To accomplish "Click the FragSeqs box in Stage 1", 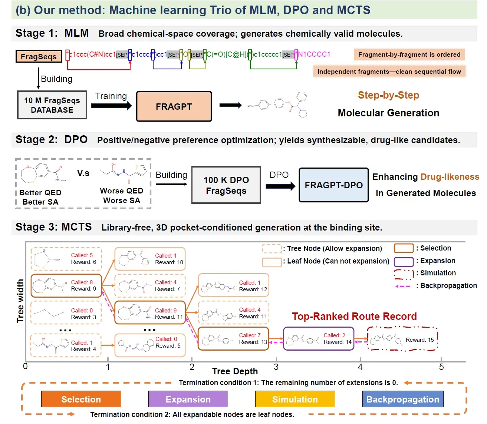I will (x=39, y=56).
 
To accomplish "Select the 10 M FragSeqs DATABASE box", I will (x=52, y=105).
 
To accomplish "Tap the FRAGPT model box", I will (x=174, y=107).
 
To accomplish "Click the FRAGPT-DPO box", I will (x=334, y=185).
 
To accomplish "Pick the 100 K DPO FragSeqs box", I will (x=226, y=185).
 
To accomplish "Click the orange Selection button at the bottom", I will (x=81, y=399).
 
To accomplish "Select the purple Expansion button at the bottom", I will (x=188, y=399).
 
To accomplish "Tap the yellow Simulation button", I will (x=295, y=399).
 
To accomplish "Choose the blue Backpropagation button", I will (x=402, y=399).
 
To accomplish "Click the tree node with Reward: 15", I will (x=402, y=339).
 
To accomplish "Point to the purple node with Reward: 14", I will (x=319, y=339).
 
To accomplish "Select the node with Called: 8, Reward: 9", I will (x=66, y=286).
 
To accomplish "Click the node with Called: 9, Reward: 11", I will (x=150, y=313).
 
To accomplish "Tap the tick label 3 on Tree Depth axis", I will (x=276, y=367).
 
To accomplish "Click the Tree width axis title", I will (x=20, y=301).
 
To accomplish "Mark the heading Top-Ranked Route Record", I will (x=354, y=316).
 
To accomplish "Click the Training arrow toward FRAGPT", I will (x=111, y=106).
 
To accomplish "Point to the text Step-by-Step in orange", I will (x=388, y=95).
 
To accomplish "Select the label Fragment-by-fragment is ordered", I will (x=409, y=54).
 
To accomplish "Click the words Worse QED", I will (x=121, y=191).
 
